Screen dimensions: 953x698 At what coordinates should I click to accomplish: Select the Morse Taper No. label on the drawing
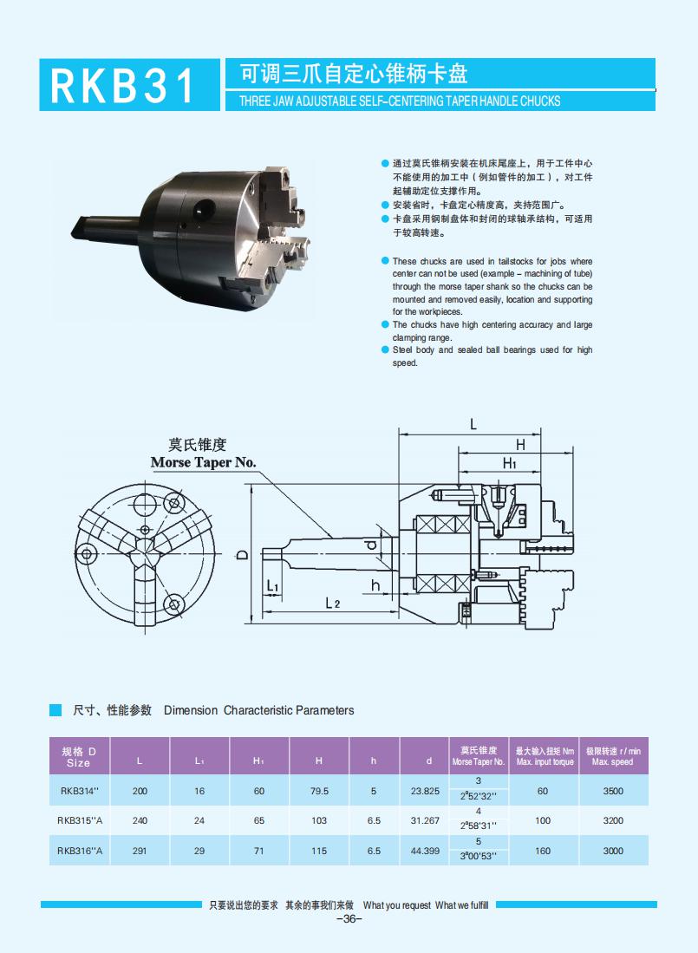[203, 462]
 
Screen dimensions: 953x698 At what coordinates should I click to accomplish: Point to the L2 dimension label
[332, 603]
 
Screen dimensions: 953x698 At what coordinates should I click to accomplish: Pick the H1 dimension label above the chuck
[510, 464]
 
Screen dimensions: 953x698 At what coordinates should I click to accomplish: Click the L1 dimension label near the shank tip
[272, 587]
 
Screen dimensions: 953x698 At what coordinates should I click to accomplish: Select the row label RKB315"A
[81, 820]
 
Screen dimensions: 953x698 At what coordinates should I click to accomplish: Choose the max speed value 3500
[612, 791]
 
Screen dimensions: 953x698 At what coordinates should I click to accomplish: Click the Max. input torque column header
[545, 756]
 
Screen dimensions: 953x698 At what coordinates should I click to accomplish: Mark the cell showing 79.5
[319, 791]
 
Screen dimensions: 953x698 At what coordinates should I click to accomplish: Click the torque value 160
[543, 851]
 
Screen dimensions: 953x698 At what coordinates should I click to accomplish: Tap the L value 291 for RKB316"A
[140, 851]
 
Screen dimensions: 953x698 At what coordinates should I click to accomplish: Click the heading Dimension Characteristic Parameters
[259, 710]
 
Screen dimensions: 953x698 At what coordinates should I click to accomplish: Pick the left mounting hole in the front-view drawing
[85, 553]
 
